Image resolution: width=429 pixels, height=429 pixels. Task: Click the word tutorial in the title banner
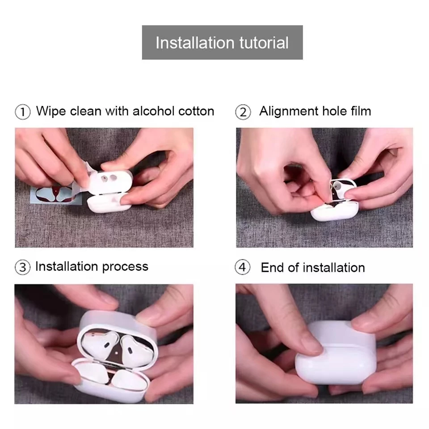264,43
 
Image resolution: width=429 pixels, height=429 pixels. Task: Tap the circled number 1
23,112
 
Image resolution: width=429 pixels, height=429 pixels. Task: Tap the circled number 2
243,112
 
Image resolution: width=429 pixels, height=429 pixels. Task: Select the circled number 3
23,267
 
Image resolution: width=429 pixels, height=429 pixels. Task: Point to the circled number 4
243,267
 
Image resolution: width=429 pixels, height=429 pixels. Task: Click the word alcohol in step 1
153,111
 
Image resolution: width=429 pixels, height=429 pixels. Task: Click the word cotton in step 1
196,111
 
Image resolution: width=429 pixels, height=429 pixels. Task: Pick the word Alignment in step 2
289,112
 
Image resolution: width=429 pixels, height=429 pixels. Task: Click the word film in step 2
361,111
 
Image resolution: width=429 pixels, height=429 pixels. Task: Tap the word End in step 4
272,267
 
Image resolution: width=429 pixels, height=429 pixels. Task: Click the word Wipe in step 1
51,112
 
